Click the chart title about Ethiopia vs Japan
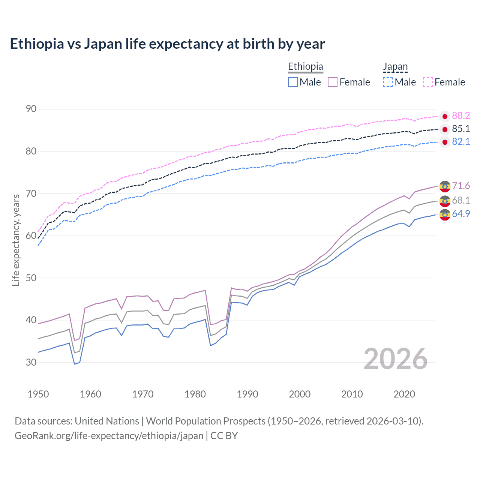tap(167, 44)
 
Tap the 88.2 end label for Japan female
tap(461, 115)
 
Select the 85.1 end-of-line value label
tap(461, 129)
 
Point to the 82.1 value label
tap(461, 141)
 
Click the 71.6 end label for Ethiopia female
tap(461, 186)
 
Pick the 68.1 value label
tap(461, 200)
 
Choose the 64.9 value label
tap(461, 214)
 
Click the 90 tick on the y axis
tap(31, 109)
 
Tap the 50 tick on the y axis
tap(31, 278)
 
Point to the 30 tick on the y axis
tap(31, 362)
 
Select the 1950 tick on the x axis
tap(38, 394)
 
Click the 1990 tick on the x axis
tap(247, 394)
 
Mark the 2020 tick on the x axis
tap(404, 394)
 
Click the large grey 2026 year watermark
tap(395, 359)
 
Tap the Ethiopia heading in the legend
tap(305, 66)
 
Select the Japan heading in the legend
tap(395, 66)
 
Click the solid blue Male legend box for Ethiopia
tap(293, 82)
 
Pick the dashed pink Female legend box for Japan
tap(428, 82)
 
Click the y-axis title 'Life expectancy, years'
tap(16, 240)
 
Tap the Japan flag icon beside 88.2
tap(445, 116)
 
